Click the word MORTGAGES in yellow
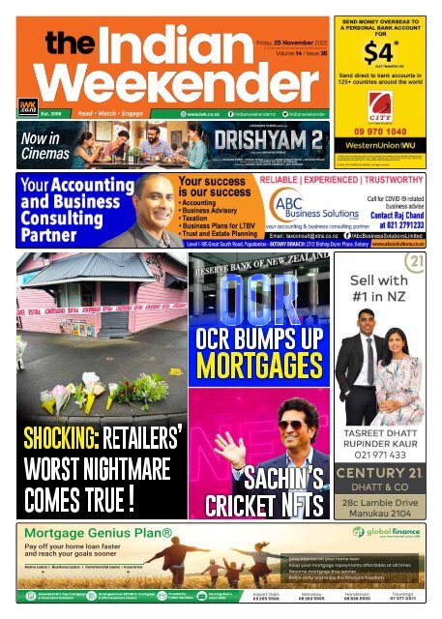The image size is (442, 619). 257,366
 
